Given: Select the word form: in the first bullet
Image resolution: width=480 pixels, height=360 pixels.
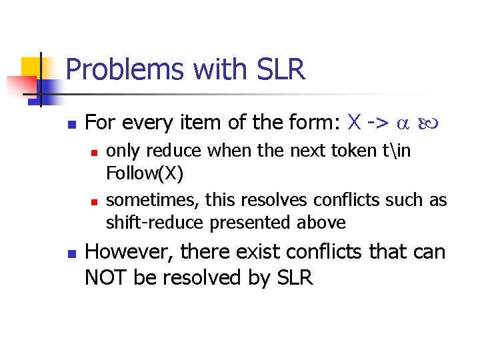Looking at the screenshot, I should [317, 123].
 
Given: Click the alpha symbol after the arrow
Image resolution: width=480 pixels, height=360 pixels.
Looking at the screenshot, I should [401, 124].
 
